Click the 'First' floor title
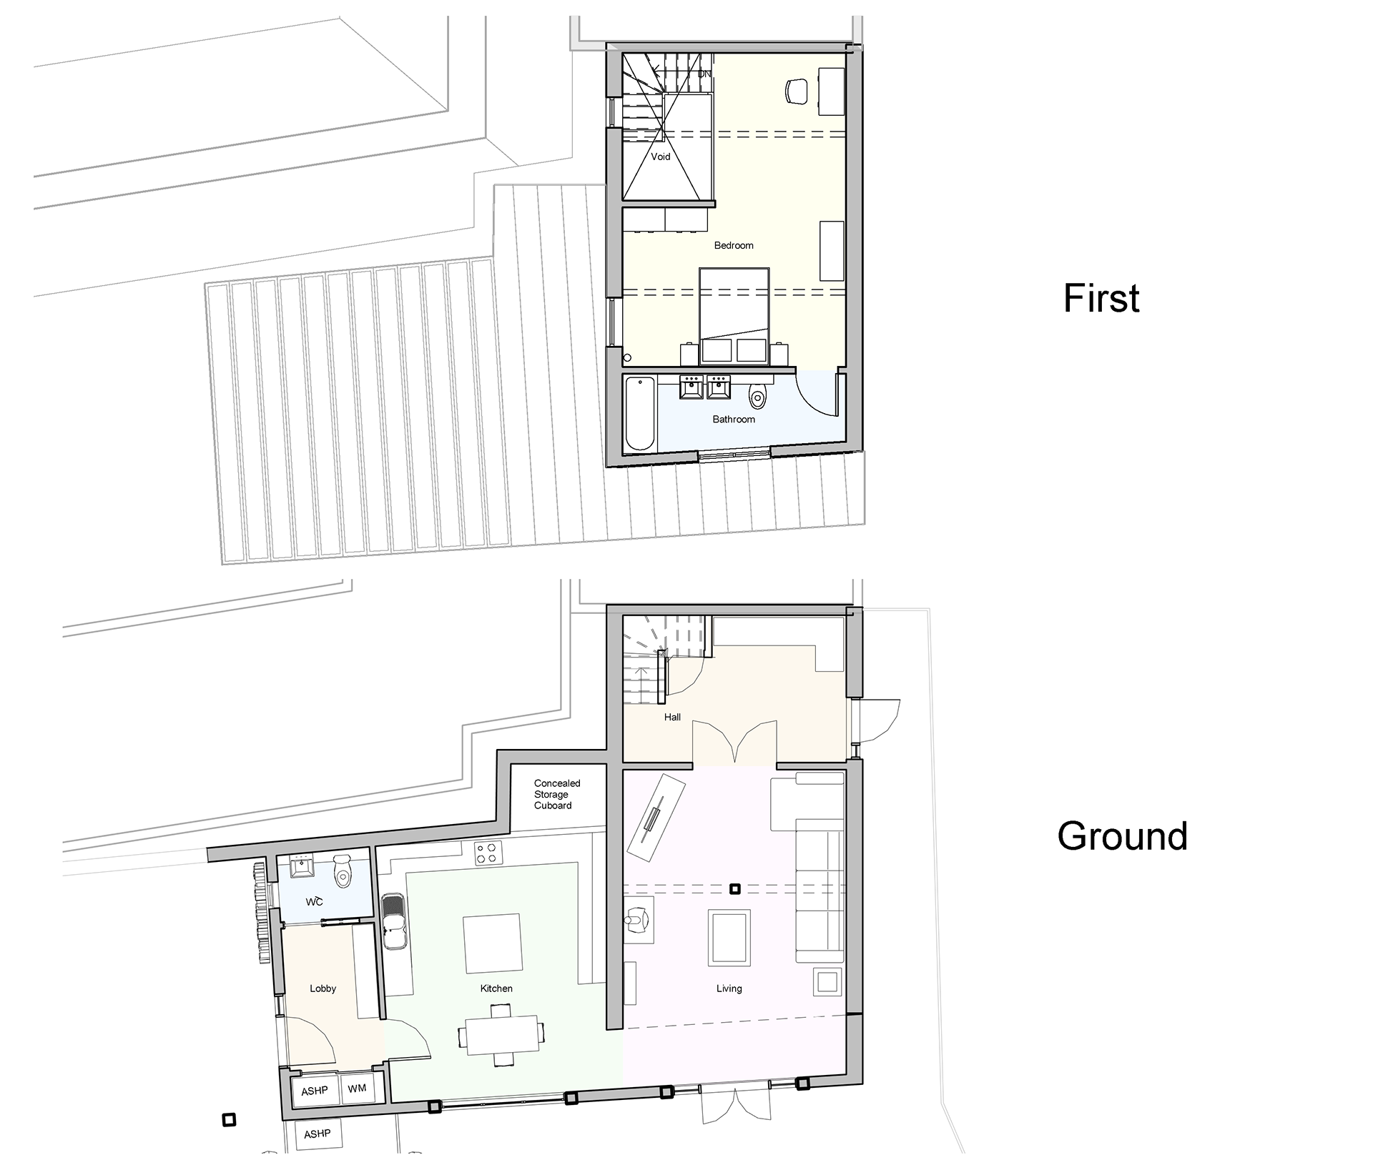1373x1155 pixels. (x=1101, y=298)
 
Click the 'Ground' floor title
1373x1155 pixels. (x=1122, y=836)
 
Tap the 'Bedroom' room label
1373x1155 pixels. (x=734, y=245)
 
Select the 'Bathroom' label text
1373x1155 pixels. (x=734, y=420)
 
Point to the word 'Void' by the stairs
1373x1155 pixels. (x=661, y=157)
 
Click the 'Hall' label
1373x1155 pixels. (x=672, y=717)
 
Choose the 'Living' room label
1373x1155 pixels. (x=729, y=988)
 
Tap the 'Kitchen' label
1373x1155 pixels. (x=496, y=988)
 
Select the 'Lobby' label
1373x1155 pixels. (x=323, y=988)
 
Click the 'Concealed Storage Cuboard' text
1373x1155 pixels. (x=557, y=794)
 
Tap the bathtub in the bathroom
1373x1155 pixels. (x=640, y=413)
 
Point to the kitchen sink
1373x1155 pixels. (x=395, y=921)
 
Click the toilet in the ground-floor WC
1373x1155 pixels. (x=343, y=871)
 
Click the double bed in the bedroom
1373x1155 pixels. (x=734, y=316)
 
